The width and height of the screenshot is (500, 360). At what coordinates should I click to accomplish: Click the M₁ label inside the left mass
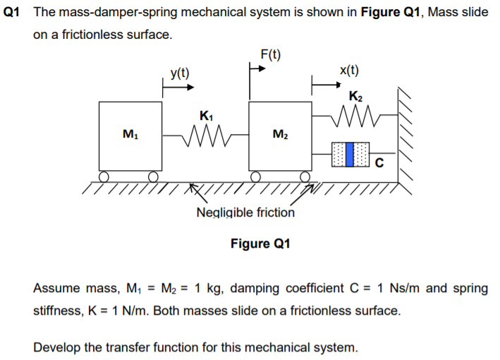click(130, 134)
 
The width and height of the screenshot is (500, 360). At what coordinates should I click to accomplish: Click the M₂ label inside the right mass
click(280, 134)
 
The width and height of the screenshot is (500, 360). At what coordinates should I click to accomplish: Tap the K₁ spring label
click(206, 115)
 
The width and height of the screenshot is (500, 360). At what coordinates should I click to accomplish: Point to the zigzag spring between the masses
click(205, 131)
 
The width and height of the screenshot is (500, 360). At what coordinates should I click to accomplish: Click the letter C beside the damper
click(379, 165)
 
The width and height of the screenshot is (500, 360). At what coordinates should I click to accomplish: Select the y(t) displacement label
click(179, 73)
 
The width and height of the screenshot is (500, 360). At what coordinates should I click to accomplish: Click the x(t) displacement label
click(348, 70)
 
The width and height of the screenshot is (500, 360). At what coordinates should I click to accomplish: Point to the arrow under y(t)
click(178, 88)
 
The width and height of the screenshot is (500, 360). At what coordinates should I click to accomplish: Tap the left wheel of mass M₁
click(104, 176)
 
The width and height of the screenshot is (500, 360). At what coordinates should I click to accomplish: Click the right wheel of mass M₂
click(305, 176)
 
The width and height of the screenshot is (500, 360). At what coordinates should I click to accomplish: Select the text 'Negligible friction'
click(245, 212)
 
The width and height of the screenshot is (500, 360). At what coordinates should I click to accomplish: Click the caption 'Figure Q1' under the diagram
click(260, 244)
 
